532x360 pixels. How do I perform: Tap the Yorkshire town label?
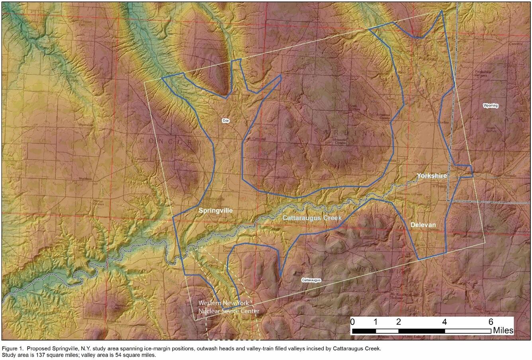click(x=432, y=176)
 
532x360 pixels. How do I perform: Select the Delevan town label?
click(x=423, y=225)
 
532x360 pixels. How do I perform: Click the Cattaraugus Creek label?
click(x=312, y=218)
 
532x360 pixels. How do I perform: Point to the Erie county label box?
click(x=226, y=120)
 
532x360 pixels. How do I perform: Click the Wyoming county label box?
click(x=491, y=106)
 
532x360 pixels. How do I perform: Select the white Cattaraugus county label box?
click(x=311, y=280)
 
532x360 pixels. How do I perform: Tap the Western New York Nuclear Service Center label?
click(x=229, y=307)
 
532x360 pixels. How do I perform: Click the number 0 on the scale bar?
click(x=353, y=322)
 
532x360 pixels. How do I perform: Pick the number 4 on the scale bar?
click(x=444, y=322)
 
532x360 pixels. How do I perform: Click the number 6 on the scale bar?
click(x=491, y=322)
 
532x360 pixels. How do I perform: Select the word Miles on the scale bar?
click(x=503, y=331)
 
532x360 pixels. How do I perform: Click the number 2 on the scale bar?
click(x=399, y=322)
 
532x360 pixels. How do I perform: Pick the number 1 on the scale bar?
click(x=376, y=322)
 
